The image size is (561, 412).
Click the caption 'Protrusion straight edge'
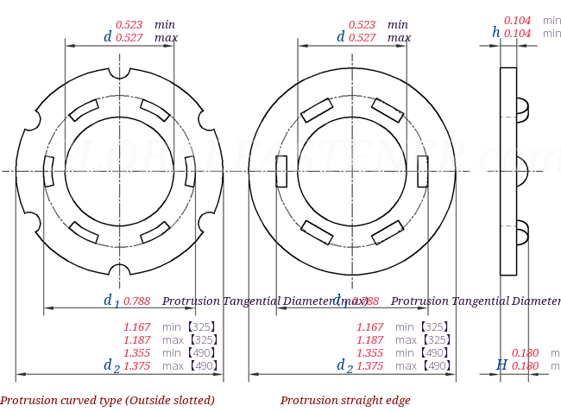pyautogui.click(x=345, y=401)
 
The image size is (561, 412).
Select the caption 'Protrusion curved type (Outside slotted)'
pyautogui.click(x=107, y=401)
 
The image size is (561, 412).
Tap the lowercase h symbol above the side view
pyautogui.click(x=496, y=32)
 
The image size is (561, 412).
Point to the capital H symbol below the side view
pyautogui.click(x=501, y=365)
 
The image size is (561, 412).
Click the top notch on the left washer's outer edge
pyautogui.click(x=119, y=73)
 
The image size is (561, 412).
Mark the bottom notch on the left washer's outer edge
pyautogui.click(x=119, y=269)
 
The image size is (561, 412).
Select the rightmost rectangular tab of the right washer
pyautogui.click(x=422, y=171)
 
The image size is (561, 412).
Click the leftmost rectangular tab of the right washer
pyautogui.click(x=281, y=171)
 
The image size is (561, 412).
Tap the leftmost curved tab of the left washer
pyautogui.click(x=49, y=171)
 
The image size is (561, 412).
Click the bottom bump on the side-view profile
pyautogui.click(x=522, y=231)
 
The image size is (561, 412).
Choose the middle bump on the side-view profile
pyautogui.click(x=522, y=170)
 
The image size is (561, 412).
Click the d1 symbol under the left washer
pyautogui.click(x=111, y=301)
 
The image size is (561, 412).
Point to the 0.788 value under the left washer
pyautogui.click(x=137, y=301)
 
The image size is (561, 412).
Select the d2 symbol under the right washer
pyautogui.click(x=344, y=366)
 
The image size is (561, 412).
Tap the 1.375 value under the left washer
pyautogui.click(x=137, y=366)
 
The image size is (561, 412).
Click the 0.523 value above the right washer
pyautogui.click(x=362, y=25)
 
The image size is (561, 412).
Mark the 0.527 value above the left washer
pyautogui.click(x=129, y=38)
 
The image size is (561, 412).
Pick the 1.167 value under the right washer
pyautogui.click(x=370, y=327)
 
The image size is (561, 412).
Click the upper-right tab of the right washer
pyautogui.click(x=388, y=110)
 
